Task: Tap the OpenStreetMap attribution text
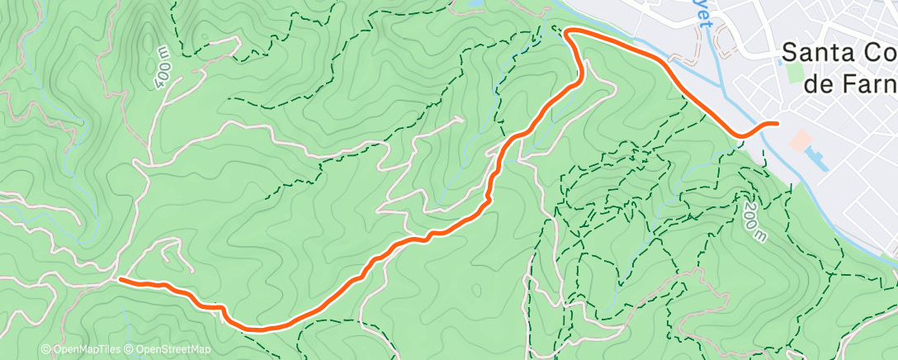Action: (173, 350)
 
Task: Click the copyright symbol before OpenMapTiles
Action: (45, 350)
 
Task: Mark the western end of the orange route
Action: (121, 279)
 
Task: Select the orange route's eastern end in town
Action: (777, 124)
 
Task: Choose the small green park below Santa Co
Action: (795, 72)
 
